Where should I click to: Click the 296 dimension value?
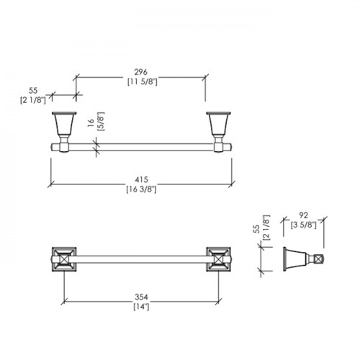(140, 72)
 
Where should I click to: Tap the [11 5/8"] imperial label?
(143, 82)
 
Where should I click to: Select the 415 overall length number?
(142, 179)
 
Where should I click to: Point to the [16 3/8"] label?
(141, 189)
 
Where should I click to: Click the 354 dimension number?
(141, 297)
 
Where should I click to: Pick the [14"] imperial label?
(141, 307)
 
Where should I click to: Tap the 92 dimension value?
(304, 215)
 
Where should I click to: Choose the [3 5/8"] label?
(304, 225)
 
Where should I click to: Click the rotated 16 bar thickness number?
(91, 122)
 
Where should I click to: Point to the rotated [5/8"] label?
(101, 121)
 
